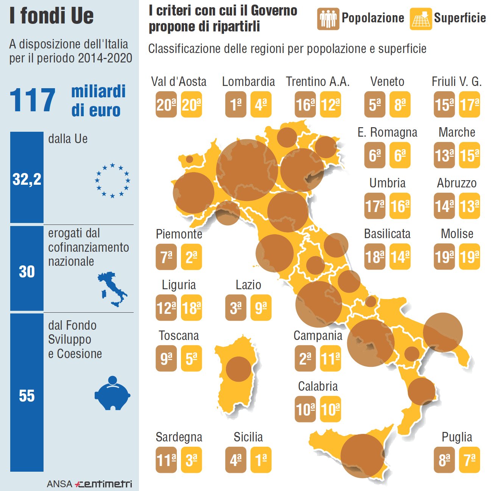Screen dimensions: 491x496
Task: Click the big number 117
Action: click(x=33, y=100)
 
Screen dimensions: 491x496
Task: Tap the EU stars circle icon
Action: click(x=112, y=181)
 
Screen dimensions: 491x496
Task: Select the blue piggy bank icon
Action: click(x=112, y=394)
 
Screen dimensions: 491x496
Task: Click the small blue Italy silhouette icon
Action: click(x=112, y=289)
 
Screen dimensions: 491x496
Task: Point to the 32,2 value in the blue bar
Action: click(x=27, y=179)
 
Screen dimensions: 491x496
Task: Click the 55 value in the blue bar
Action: click(x=27, y=396)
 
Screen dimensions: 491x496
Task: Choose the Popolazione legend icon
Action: click(x=328, y=18)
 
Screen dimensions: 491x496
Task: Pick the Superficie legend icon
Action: click(x=421, y=19)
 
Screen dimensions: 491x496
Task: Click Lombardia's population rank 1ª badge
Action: click(x=236, y=104)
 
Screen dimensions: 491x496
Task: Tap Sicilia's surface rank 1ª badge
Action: click(x=261, y=460)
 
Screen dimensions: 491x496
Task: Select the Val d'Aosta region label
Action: click(x=179, y=81)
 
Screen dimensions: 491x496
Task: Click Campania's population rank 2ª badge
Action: click(x=305, y=358)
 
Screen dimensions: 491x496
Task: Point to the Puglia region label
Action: click(x=457, y=437)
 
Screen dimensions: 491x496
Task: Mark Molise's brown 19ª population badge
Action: click(x=444, y=257)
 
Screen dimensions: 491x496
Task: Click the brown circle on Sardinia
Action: click(x=239, y=369)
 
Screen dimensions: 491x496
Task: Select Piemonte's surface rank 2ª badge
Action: click(x=191, y=257)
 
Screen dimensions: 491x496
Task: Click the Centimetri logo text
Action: click(x=103, y=484)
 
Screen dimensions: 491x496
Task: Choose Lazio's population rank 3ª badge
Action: click(x=236, y=308)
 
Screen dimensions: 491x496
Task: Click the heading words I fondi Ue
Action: click(x=51, y=16)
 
